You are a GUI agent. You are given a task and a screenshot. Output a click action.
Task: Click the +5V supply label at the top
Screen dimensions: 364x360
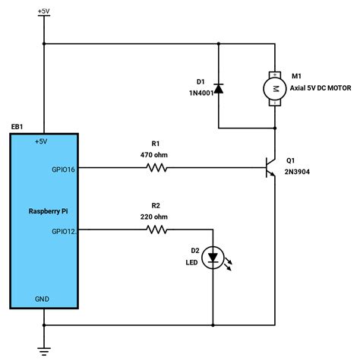[x=45, y=12]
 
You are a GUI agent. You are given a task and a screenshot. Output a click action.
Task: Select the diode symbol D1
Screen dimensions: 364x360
[x=218, y=89]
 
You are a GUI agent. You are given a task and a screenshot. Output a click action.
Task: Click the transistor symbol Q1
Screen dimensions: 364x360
[x=269, y=167]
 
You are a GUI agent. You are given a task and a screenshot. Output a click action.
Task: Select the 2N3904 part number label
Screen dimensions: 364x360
[x=298, y=173]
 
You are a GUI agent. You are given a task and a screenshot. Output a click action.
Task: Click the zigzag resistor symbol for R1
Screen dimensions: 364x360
[x=156, y=168]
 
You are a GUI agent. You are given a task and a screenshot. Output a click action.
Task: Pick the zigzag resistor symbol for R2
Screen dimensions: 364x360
[x=156, y=229]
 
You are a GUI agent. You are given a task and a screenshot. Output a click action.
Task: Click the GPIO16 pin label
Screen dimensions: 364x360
[x=64, y=170]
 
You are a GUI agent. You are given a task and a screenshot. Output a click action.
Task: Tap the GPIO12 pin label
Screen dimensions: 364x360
[x=64, y=230]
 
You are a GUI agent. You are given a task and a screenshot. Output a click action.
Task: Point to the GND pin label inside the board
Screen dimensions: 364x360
[x=43, y=299]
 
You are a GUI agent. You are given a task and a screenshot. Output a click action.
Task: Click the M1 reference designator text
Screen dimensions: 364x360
[x=295, y=77]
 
